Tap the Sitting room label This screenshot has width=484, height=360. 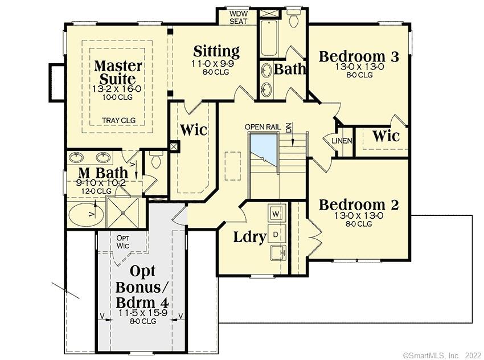[216, 51]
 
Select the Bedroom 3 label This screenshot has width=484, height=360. [358, 56]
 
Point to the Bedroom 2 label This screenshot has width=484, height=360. [358, 204]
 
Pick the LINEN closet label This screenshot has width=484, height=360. [342, 141]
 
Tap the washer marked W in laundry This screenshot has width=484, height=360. [276, 214]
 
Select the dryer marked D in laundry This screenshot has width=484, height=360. [276, 234]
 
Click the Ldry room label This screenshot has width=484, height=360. [250, 237]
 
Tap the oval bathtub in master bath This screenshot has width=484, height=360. [87, 215]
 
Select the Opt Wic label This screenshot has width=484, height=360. [124, 242]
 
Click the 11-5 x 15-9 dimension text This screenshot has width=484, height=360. [142, 313]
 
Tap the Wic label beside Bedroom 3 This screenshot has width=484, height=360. [385, 137]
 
